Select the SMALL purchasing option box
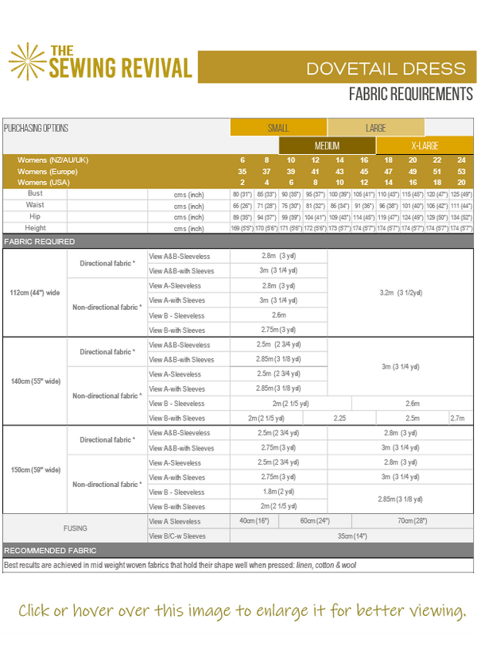pyautogui.click(x=278, y=128)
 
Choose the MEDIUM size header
pyautogui.click(x=327, y=146)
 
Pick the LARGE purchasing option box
pyautogui.click(x=375, y=128)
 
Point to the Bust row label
pyautogui.click(x=35, y=194)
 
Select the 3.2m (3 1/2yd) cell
pyautogui.click(x=400, y=292)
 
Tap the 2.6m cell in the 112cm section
pyautogui.click(x=278, y=315)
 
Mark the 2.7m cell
pyautogui.click(x=457, y=418)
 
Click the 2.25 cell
pyautogui.click(x=339, y=418)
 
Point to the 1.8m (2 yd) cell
pyautogui.click(x=278, y=492)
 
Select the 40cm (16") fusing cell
pyautogui.click(x=254, y=520)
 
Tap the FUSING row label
pyautogui.click(x=75, y=528)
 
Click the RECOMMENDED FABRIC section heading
pyautogui.click(x=51, y=551)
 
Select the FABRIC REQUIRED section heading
pyautogui.click(x=40, y=242)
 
